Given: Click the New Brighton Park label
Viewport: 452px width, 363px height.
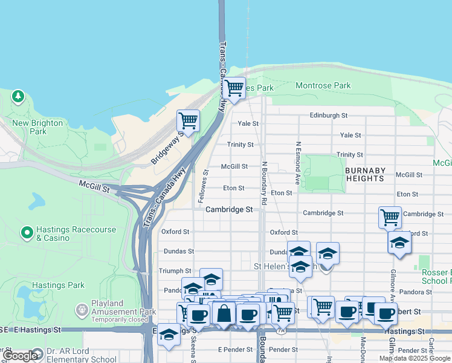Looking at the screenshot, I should tap(37, 127).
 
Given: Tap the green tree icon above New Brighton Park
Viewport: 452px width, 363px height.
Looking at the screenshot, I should tap(18, 96).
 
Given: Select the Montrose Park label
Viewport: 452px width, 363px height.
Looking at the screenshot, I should tap(323, 86).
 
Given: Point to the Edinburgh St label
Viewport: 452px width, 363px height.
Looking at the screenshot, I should tap(329, 115).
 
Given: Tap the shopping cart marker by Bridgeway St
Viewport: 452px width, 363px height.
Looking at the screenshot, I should tap(188, 120).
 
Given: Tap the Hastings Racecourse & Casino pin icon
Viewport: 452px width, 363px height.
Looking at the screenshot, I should tap(27, 232).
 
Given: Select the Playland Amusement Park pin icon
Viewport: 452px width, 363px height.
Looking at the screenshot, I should tap(82, 310).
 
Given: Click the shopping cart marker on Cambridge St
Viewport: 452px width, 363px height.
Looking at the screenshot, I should tap(390, 217).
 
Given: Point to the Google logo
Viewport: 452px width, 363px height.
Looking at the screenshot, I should tap(21, 356).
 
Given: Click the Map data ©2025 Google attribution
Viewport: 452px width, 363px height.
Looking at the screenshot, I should tap(415, 358).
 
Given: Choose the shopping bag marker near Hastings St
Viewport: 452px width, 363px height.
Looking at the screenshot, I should tap(224, 313).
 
